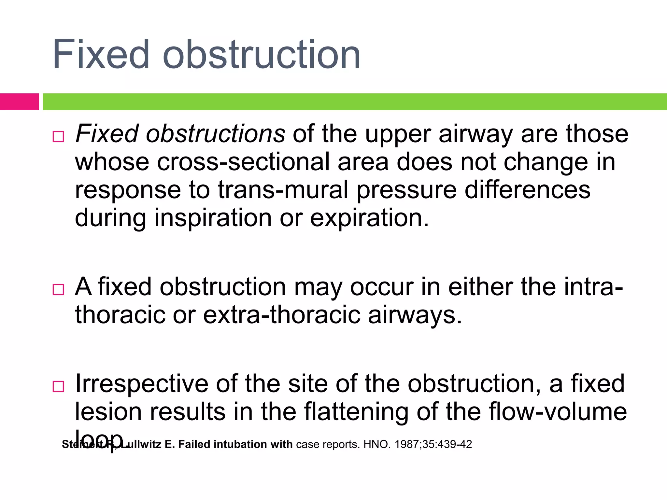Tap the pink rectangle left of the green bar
coord(19,102)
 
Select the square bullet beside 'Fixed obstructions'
coord(58,136)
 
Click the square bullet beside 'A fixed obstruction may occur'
coord(58,289)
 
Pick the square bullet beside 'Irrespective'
coord(58,386)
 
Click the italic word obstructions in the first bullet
coord(216,134)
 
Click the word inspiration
coord(213,218)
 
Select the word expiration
coord(370,218)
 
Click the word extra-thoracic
coord(282,315)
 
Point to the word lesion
coord(108,412)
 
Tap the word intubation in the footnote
coord(236,444)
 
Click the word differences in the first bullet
coord(527,190)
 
